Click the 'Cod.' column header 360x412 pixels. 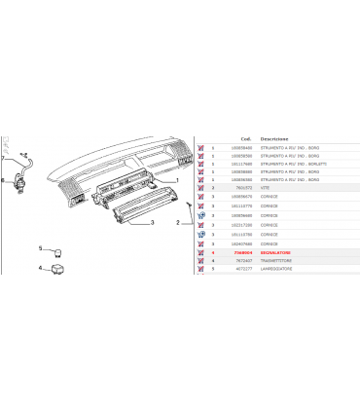[247, 138]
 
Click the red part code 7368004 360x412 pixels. [243, 252]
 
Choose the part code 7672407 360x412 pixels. [243, 260]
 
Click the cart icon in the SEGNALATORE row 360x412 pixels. [200, 252]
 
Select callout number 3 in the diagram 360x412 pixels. [153, 223]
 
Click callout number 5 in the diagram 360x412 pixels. [40, 248]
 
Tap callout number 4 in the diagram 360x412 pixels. [40, 267]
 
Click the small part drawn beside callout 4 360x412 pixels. [57, 268]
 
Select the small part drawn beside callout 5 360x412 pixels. [57, 249]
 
